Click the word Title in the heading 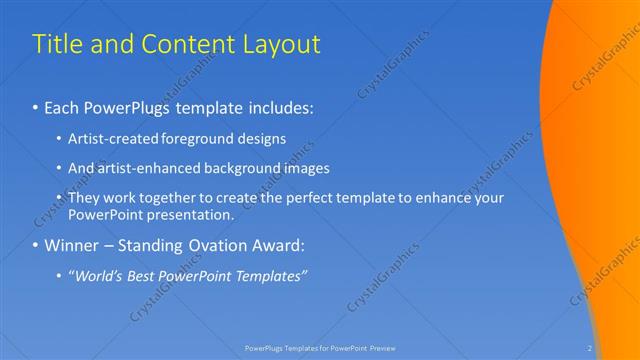(x=56, y=45)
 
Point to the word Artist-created (x=110, y=139)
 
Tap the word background (x=242, y=168)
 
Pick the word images (x=306, y=168)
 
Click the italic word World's (x=98, y=275)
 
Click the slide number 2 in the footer (x=590, y=348)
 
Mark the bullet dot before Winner (x=37, y=245)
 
